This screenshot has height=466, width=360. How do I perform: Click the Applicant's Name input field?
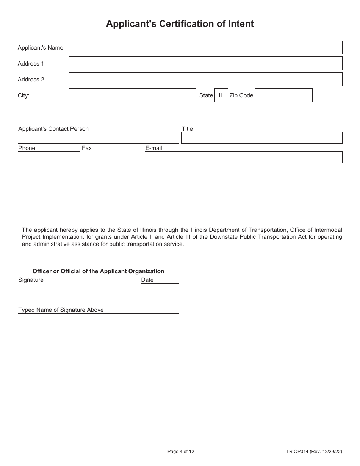pyautogui.click(x=205, y=47)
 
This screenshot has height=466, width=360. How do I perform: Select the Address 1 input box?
pyautogui.click(x=205, y=63)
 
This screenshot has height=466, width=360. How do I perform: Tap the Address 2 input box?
pyautogui.click(x=205, y=79)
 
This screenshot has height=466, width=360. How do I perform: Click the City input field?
pyautogui.click(x=132, y=95)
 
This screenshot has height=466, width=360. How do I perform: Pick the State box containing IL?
pyautogui.click(x=221, y=95)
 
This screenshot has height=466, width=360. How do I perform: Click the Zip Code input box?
pyautogui.click(x=283, y=95)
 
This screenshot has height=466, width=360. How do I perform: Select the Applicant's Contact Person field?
pyautogui.click(x=98, y=138)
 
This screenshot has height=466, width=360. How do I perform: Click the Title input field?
pyautogui.click(x=261, y=138)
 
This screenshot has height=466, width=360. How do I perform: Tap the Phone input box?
pyautogui.click(x=49, y=157)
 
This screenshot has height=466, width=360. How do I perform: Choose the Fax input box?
pyautogui.click(x=112, y=157)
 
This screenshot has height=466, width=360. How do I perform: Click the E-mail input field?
pyautogui.click(x=243, y=157)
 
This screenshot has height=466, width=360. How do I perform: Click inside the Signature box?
pyautogui.click(x=78, y=294)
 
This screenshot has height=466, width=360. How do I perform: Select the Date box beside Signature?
pyautogui.click(x=160, y=294)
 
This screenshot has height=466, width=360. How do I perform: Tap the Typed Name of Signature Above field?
pyautogui.click(x=98, y=319)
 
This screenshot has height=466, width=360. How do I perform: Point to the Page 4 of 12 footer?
pyautogui.click(x=181, y=451)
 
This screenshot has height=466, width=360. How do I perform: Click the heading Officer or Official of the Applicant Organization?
pyautogui.click(x=98, y=271)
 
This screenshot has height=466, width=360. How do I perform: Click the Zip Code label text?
pyautogui.click(x=241, y=95)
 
